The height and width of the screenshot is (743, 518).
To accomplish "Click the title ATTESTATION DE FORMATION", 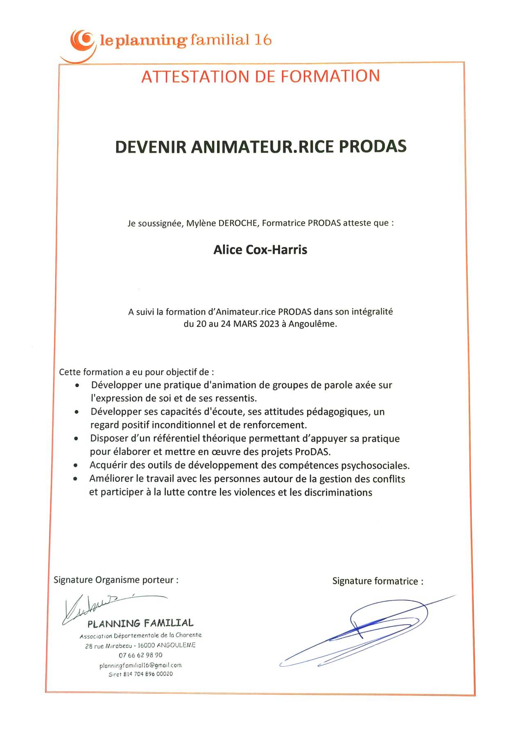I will pyautogui.click(x=260, y=77).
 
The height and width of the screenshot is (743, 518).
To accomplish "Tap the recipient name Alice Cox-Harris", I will pyautogui.click(x=260, y=250).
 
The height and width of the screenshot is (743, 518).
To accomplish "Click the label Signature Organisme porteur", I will pyautogui.click(x=115, y=580).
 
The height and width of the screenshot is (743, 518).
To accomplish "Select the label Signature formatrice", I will pyautogui.click(x=377, y=581).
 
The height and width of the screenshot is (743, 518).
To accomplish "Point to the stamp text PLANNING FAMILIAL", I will pyautogui.click(x=140, y=623).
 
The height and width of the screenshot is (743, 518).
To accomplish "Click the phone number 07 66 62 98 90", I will pyautogui.click(x=140, y=655).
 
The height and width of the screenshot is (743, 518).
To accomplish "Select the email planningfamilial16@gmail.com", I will pyautogui.click(x=140, y=665).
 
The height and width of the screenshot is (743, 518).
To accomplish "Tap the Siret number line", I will pyautogui.click(x=140, y=674).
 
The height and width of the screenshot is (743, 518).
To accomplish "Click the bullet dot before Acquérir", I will pyautogui.click(x=75, y=466).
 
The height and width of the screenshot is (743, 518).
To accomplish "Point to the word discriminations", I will pyautogui.click(x=338, y=492).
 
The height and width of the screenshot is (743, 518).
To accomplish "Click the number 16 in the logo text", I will pyautogui.click(x=263, y=40).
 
